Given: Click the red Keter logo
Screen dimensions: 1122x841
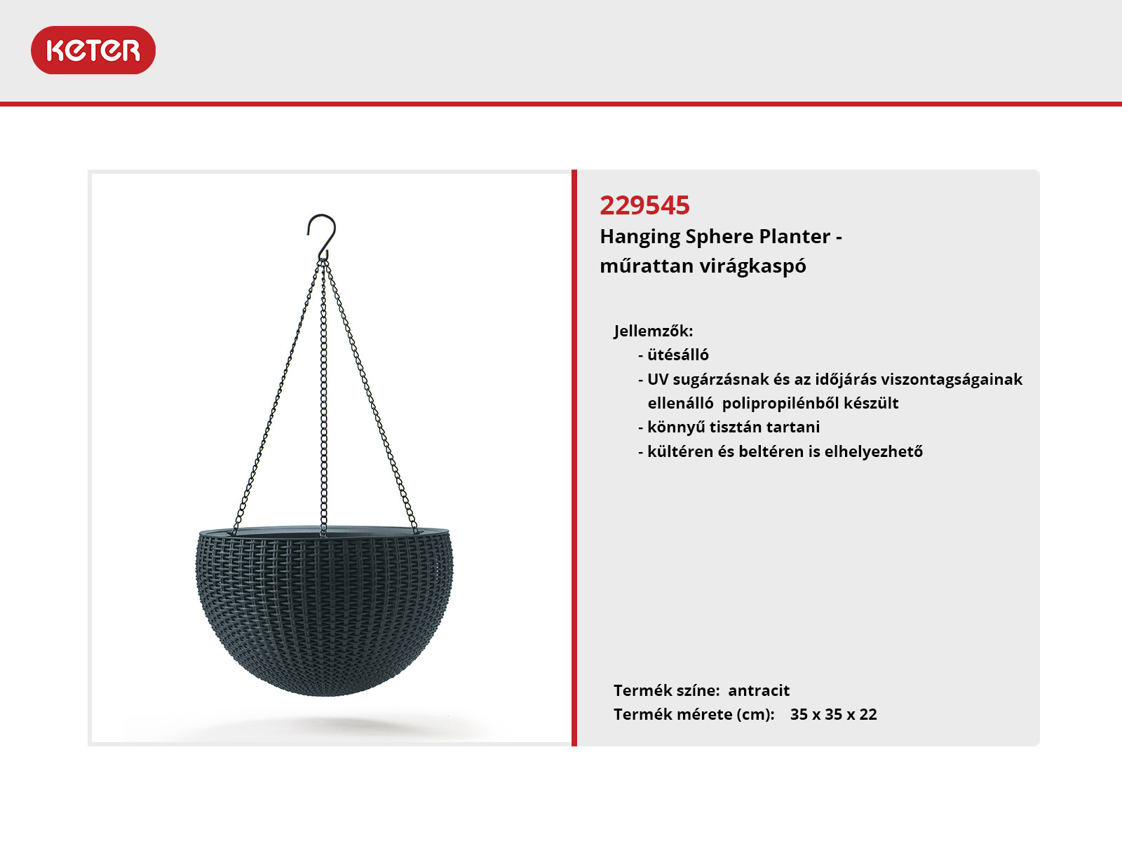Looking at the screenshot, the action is point(93,50).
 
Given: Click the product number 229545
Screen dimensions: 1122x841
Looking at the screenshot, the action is point(644,205).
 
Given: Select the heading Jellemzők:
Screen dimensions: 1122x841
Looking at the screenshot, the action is point(654,331).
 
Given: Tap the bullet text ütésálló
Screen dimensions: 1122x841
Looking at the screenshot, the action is point(678,355).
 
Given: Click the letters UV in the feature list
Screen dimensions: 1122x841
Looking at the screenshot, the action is point(657,379).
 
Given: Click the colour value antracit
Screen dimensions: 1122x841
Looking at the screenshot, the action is point(759,691).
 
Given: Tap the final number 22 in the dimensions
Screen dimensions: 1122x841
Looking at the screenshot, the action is point(868,714).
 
